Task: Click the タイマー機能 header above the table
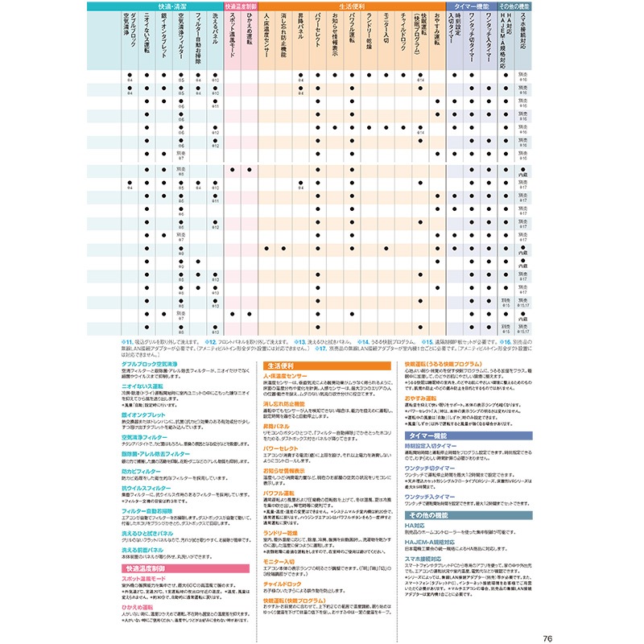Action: click(470, 6)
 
